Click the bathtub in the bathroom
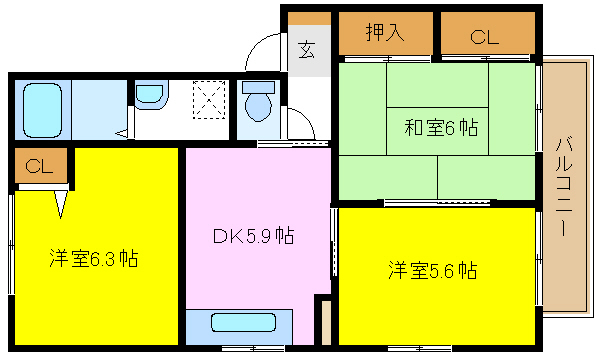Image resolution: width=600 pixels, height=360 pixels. click(x=42, y=111)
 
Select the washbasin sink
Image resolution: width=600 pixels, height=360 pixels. click(x=150, y=94)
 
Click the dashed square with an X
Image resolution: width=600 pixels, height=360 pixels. click(x=209, y=99)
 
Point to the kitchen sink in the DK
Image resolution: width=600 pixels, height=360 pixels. click(x=243, y=322)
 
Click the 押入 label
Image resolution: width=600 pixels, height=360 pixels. click(x=385, y=32)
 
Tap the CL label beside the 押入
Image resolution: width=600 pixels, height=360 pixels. click(x=485, y=37)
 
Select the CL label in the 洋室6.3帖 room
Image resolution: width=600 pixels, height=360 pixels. click(x=39, y=166)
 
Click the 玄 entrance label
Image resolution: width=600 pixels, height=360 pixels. click(x=307, y=49)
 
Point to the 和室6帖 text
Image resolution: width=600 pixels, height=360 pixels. click(x=441, y=127)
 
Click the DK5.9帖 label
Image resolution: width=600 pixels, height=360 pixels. click(x=253, y=236)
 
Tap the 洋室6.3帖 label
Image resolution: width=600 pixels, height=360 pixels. click(x=94, y=259)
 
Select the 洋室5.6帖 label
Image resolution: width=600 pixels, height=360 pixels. click(x=432, y=270)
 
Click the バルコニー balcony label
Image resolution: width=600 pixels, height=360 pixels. click(x=564, y=187)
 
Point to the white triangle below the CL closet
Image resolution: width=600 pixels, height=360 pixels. click(x=61, y=204)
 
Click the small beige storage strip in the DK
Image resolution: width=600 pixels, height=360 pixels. click(x=326, y=323)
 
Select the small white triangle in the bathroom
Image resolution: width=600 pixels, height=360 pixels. click(x=122, y=134)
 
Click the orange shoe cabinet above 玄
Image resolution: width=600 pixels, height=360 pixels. click(x=309, y=18)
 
